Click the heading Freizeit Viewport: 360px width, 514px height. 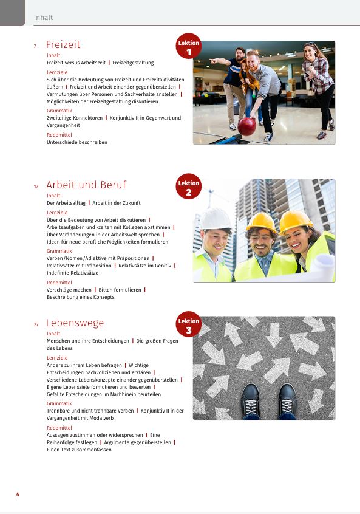pos(63,45)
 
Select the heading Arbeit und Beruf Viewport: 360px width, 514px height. pos(86,185)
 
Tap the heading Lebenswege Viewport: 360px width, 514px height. pos(75,323)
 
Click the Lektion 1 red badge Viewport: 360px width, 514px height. pos(188,47)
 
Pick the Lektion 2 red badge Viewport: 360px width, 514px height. pos(188,187)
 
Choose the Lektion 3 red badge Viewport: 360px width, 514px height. pos(188,325)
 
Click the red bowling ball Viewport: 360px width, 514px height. pos(246,126)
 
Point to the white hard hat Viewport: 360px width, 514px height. pos(216,219)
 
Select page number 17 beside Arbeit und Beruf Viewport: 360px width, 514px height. pos(36,187)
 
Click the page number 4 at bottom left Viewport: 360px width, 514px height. pos(18,495)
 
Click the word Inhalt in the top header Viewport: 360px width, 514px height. pos(44,18)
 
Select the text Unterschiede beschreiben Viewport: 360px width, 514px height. pos(77,142)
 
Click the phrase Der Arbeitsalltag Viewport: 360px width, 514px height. pos(66,203)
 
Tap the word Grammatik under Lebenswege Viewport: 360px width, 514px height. pos(59,403)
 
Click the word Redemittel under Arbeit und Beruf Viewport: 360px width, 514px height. pos(59,283)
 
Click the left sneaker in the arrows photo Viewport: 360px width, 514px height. pos(251,401)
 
